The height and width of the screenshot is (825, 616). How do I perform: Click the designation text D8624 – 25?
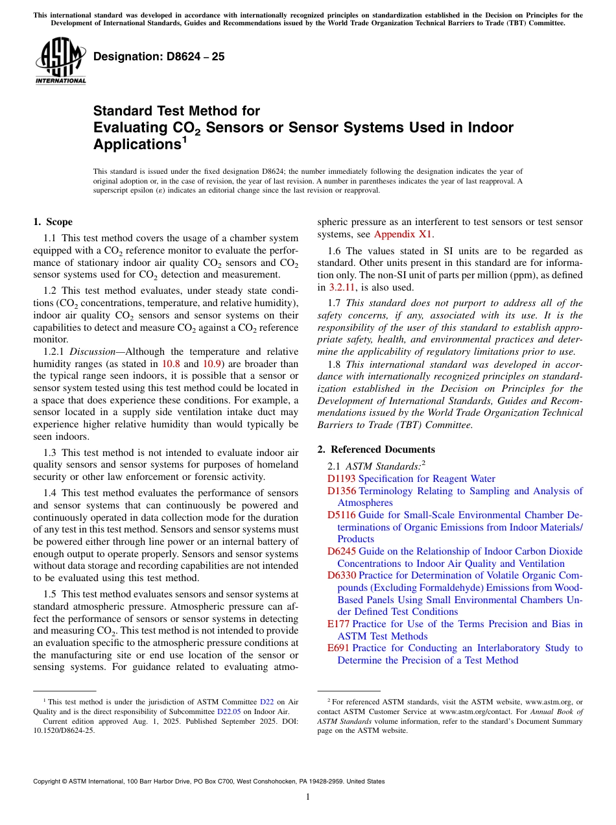159,56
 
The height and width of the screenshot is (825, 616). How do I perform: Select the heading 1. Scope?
53,222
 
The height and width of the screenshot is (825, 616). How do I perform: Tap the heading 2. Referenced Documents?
376,449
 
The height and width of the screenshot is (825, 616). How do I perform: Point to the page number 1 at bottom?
308,797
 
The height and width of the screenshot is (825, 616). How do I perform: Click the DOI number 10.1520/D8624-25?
63,730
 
